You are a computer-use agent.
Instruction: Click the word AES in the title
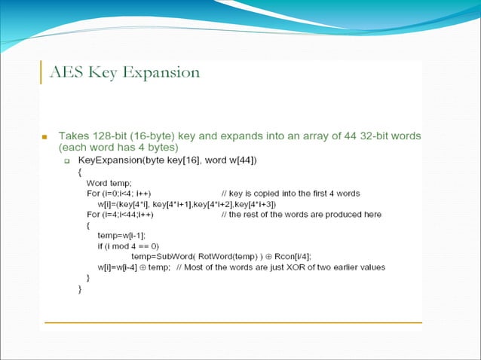[66, 73]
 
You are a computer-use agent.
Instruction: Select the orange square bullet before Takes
[44, 138]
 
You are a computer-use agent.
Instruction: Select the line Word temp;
[109, 183]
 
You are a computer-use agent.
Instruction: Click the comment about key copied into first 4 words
[290, 194]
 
